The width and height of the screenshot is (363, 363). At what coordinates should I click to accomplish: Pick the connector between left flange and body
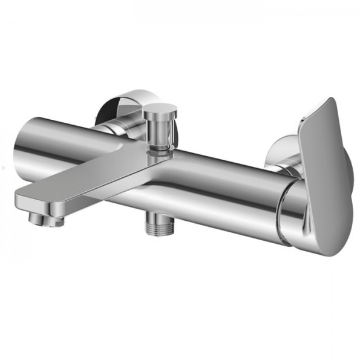coord(109,128)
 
